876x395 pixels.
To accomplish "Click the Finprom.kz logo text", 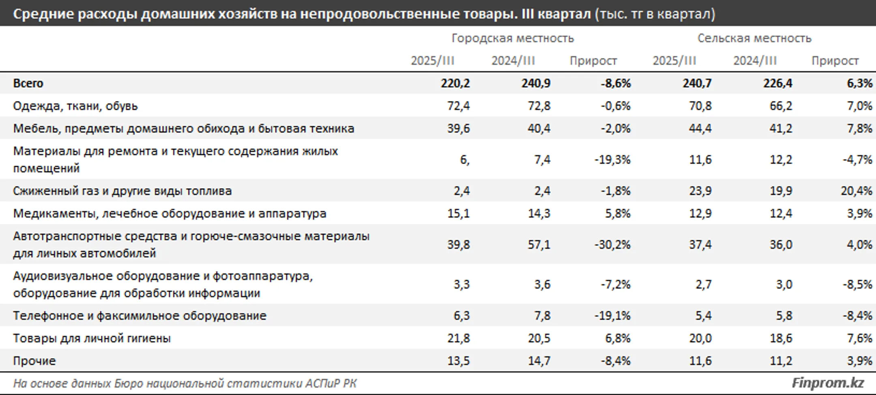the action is [827, 383].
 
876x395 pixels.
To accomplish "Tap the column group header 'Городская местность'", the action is [513, 38].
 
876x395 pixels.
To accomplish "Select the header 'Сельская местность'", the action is [754, 38].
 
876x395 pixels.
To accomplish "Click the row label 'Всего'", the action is [28, 83].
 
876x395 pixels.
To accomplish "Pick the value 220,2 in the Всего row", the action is [455, 83].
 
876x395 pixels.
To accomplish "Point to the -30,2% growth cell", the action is [612, 245].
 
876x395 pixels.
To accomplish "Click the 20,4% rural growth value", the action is [857, 191].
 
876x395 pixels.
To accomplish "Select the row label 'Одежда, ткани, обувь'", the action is [75, 106].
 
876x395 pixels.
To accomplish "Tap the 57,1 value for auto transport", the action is [539, 245].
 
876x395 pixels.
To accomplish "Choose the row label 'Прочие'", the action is [34, 361].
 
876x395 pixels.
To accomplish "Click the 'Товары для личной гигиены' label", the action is [92, 338].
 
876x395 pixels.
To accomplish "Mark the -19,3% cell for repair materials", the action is [612, 160].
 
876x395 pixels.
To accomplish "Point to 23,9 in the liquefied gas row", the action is [700, 191].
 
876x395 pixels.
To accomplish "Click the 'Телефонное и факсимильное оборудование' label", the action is [140, 316].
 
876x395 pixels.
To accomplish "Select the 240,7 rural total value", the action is [697, 83].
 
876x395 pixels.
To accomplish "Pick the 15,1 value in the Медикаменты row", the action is [459, 214].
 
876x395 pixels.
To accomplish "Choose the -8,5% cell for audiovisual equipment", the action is [857, 285].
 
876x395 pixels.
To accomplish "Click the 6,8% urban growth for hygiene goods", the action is [618, 338].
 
